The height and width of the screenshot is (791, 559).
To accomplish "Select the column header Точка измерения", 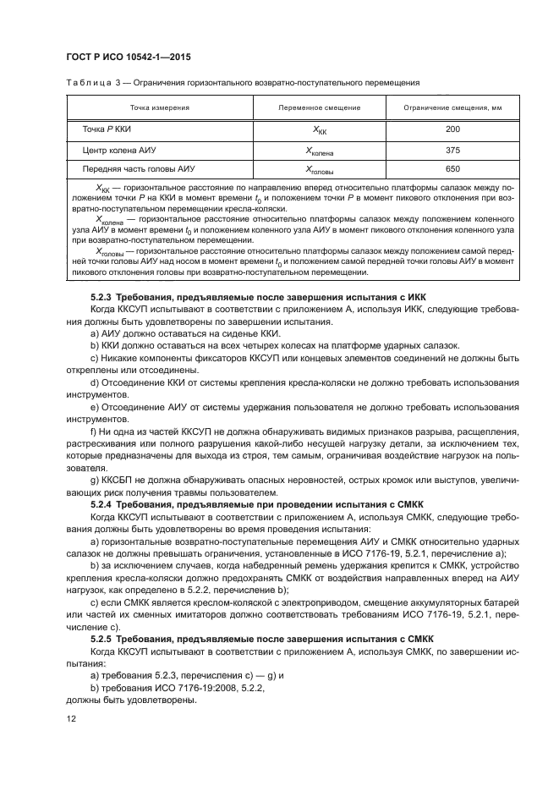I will (159, 107).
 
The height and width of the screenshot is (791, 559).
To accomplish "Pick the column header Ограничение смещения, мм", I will (452, 107).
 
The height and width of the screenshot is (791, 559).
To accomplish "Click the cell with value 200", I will (452, 129).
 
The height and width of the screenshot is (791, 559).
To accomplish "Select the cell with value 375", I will (452, 150).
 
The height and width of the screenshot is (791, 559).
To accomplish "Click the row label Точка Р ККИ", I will (107, 129).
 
